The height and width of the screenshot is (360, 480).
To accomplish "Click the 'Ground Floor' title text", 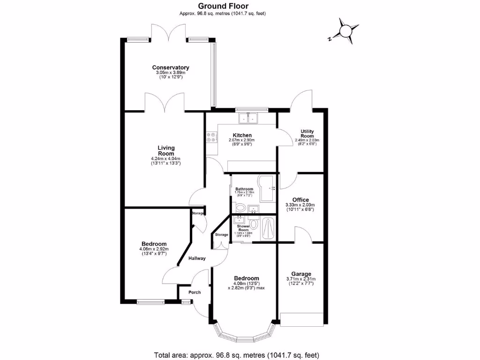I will click(223, 6).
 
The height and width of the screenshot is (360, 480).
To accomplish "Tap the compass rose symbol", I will click(345, 31).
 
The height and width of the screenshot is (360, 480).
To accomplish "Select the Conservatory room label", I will click(171, 67).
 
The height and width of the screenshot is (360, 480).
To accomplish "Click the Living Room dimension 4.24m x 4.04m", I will click(165, 158).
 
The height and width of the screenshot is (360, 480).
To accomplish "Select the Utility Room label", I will click(307, 134).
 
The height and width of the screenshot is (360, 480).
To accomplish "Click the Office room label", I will click(300, 200).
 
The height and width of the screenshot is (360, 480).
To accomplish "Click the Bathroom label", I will click(244, 189).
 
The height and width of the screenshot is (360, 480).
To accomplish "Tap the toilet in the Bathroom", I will click(240, 208).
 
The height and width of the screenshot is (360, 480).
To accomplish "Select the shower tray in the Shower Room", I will click(269, 228).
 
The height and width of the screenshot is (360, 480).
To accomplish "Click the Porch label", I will click(194, 292).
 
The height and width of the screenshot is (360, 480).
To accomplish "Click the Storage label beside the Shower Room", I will click(221, 234).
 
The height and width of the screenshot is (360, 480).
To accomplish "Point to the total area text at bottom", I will click(237, 354).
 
